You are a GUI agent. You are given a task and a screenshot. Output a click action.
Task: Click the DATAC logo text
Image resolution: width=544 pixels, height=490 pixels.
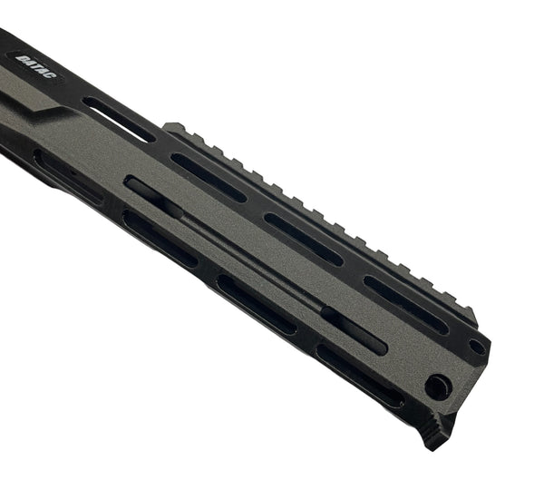tap(34, 65)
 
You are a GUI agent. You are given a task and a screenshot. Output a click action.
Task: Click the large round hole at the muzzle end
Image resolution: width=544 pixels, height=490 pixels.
tap(437, 387)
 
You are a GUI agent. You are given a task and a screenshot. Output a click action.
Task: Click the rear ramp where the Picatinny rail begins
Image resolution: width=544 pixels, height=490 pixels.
tap(173, 127)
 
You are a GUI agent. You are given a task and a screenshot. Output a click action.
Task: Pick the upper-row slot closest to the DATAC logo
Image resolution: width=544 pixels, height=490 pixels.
tap(118, 118)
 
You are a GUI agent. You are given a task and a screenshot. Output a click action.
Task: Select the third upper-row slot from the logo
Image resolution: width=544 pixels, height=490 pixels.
tap(304, 239)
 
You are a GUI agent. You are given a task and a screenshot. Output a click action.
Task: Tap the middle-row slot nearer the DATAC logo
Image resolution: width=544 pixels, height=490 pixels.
tap(151, 193)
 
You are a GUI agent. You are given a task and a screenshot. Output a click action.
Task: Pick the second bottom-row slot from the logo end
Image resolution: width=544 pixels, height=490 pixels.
tap(160, 238)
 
